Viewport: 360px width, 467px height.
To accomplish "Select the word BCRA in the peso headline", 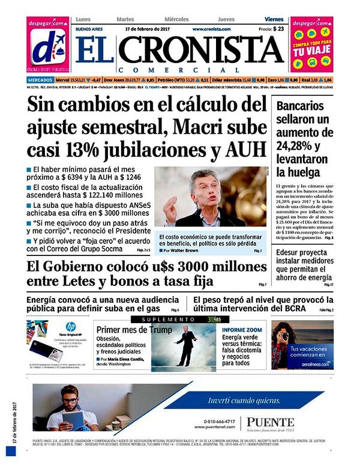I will coord(292,308).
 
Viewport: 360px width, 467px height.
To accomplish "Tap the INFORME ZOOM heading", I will coord(242,330).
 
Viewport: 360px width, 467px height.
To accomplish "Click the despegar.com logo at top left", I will coord(46,26).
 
